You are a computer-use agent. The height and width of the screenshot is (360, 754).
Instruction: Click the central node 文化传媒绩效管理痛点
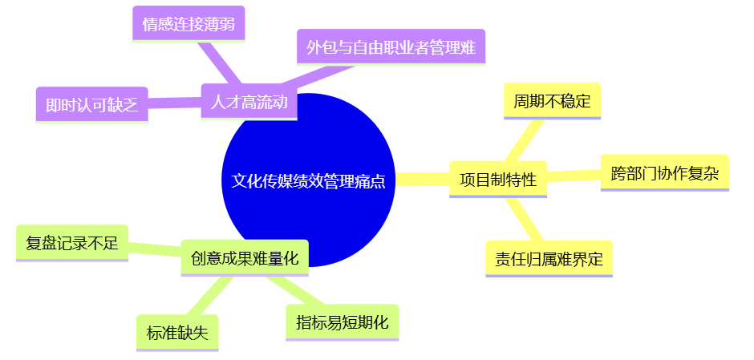click(308, 180)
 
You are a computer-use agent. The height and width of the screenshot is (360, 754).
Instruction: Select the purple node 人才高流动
click(249, 102)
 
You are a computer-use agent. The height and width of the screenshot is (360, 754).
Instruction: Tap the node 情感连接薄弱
click(188, 24)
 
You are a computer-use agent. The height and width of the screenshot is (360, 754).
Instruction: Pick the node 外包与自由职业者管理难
click(391, 47)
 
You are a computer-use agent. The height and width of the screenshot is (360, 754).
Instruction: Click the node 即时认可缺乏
click(91, 105)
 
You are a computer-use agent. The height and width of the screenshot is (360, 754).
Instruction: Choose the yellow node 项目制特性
click(497, 179)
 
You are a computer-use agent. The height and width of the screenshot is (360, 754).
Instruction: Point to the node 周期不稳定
click(552, 101)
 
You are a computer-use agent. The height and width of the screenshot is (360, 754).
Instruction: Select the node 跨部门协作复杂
click(664, 172)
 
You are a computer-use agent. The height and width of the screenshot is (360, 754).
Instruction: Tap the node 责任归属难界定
click(549, 258)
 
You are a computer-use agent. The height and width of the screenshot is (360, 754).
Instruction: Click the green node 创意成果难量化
click(244, 257)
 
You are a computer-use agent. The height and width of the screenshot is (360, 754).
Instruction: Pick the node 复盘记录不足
click(71, 243)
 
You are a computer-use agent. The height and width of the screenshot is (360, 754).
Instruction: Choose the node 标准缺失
click(177, 333)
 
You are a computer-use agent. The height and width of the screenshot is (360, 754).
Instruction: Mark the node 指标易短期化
click(342, 322)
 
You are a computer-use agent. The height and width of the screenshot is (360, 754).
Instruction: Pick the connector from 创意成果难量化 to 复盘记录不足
click(154, 249)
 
